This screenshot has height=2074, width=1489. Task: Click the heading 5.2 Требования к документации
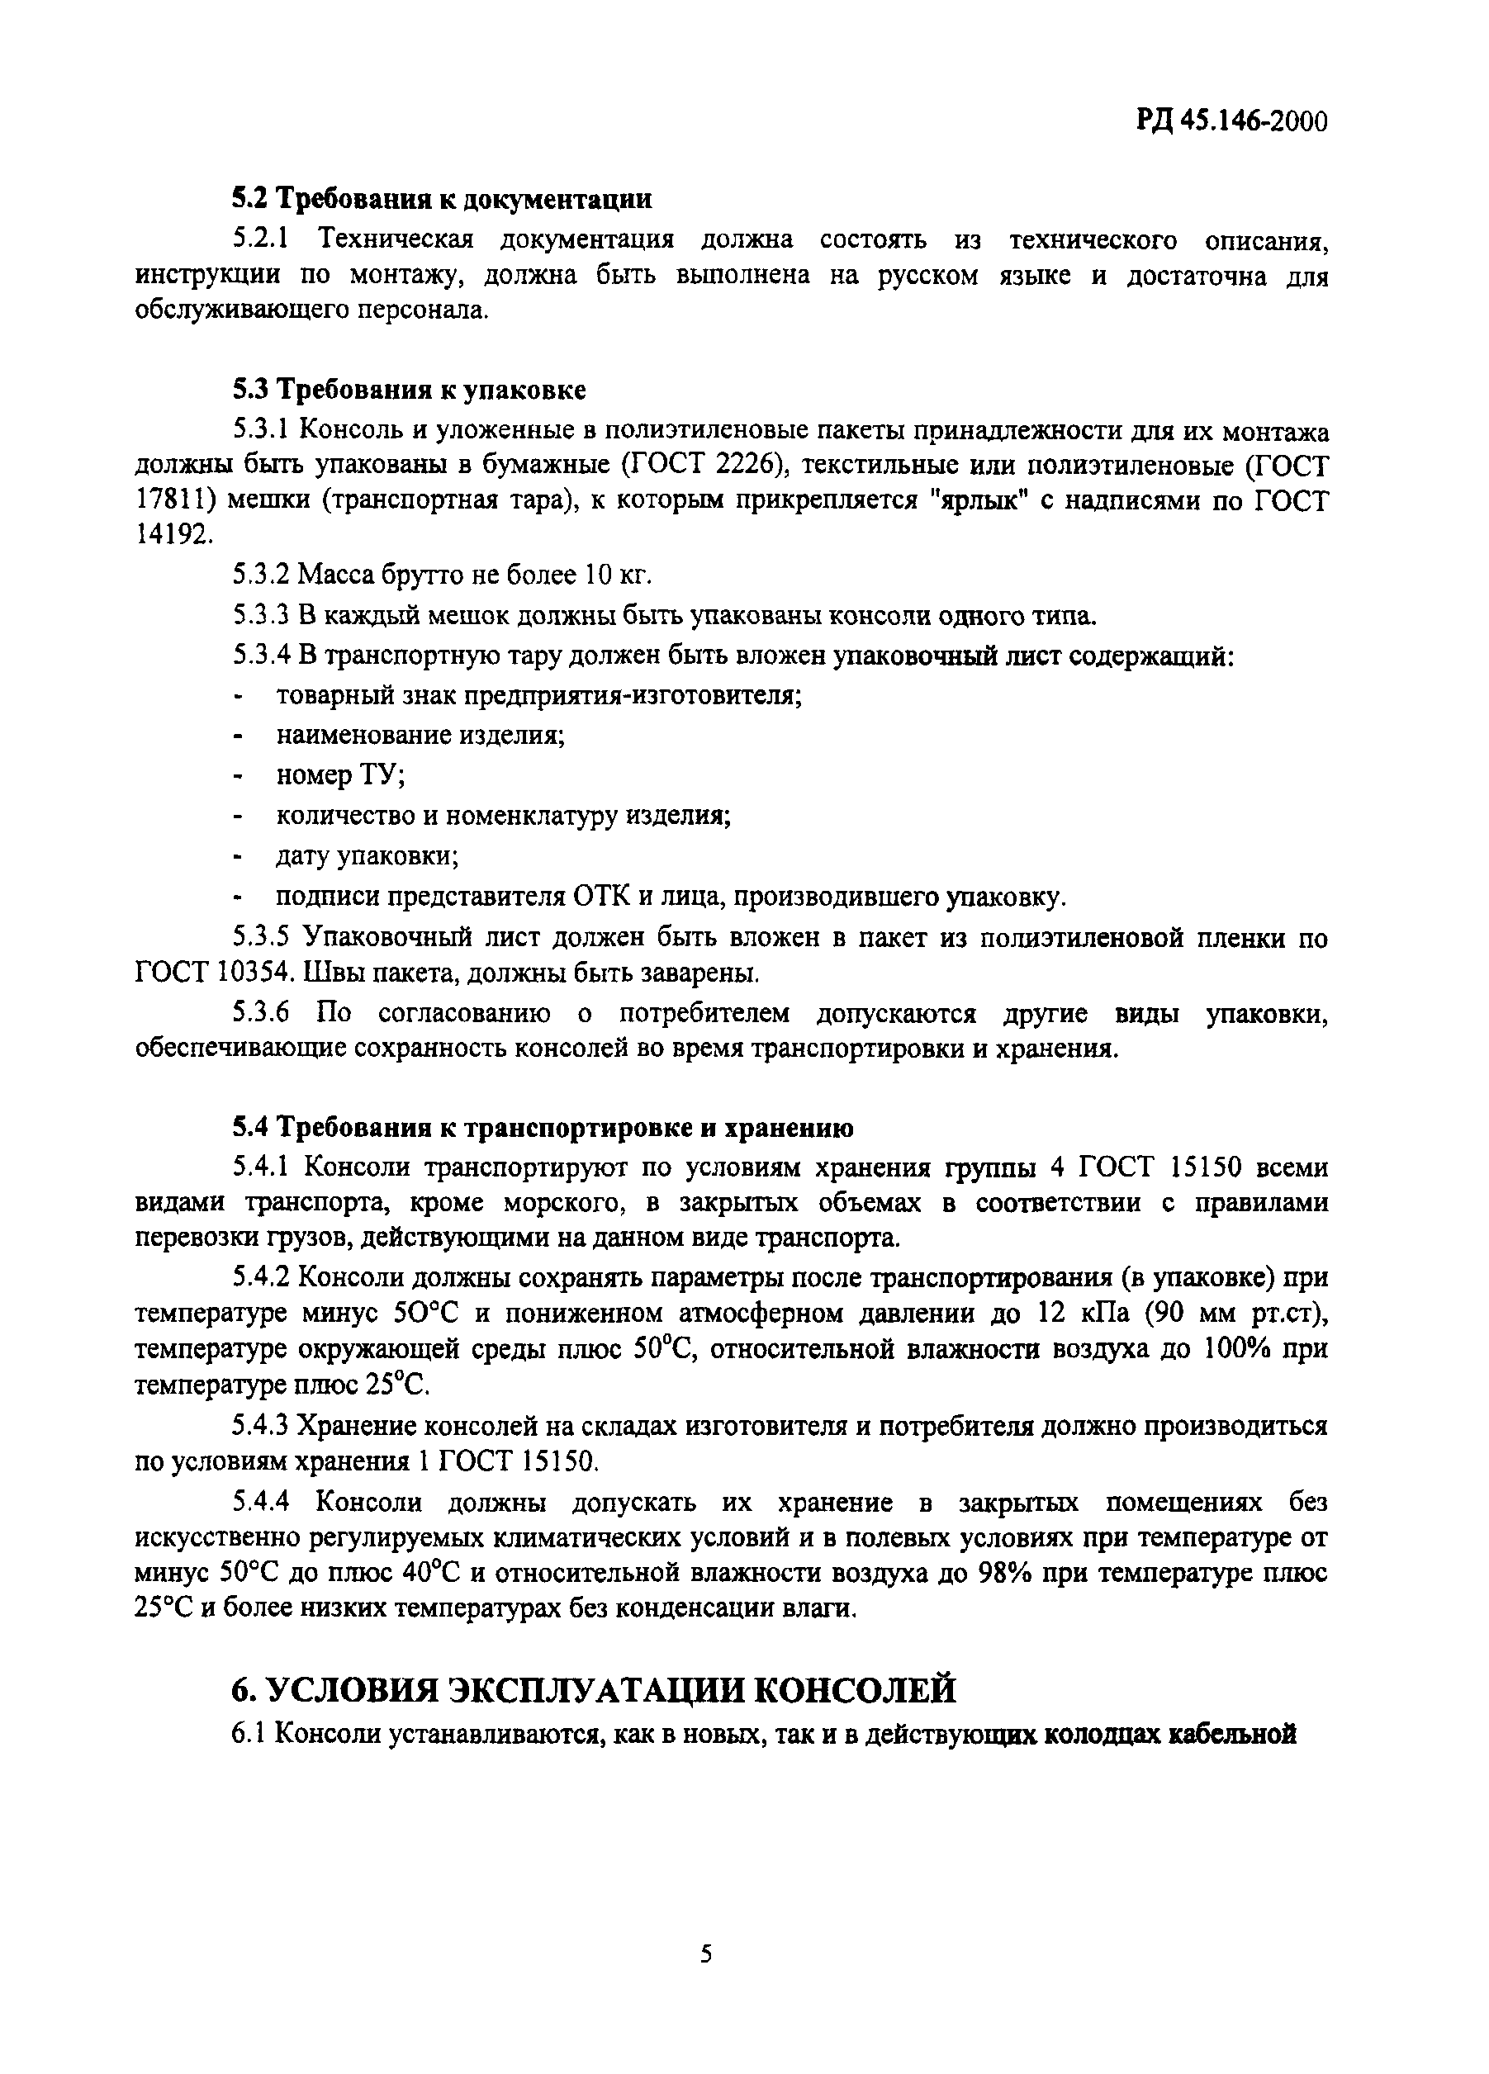[442, 198]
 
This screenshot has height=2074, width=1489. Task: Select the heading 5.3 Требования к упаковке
[408, 391]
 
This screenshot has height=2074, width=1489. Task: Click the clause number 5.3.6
[262, 1014]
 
